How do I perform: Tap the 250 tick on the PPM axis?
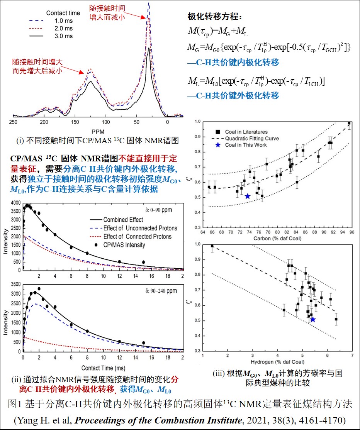pyautogui.click(x=13, y=122)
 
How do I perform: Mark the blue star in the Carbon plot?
pyautogui.click(x=248, y=196)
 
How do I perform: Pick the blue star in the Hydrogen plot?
pyautogui.click(x=313, y=319)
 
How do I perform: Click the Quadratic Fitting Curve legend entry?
pyautogui.click(x=256, y=138)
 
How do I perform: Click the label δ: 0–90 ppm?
pyautogui.click(x=158, y=210)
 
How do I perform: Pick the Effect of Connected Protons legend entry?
pyautogui.click(x=137, y=236)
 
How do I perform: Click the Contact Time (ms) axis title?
pyautogui.click(x=103, y=367)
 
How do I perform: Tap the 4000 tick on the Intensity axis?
pyautogui.click(x=15, y=203)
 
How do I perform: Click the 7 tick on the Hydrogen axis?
pyautogui.click(x=352, y=355)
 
